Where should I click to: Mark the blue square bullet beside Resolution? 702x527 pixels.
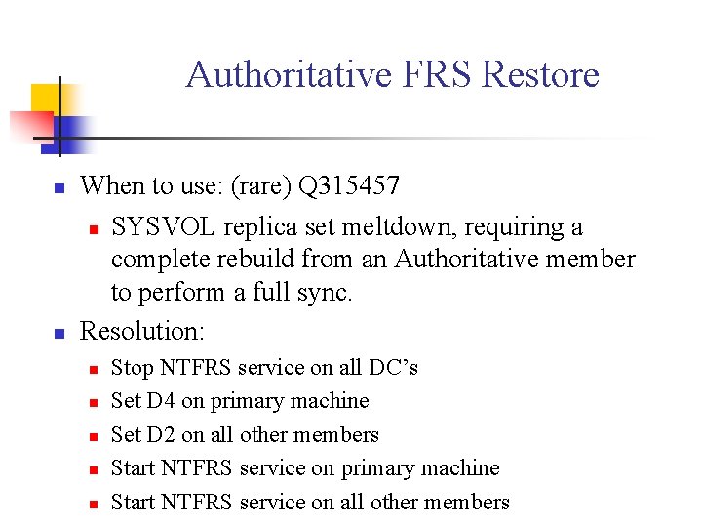[x=58, y=333]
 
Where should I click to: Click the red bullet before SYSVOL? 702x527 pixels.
[x=92, y=229]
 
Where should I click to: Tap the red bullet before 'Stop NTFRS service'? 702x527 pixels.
[x=92, y=370]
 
